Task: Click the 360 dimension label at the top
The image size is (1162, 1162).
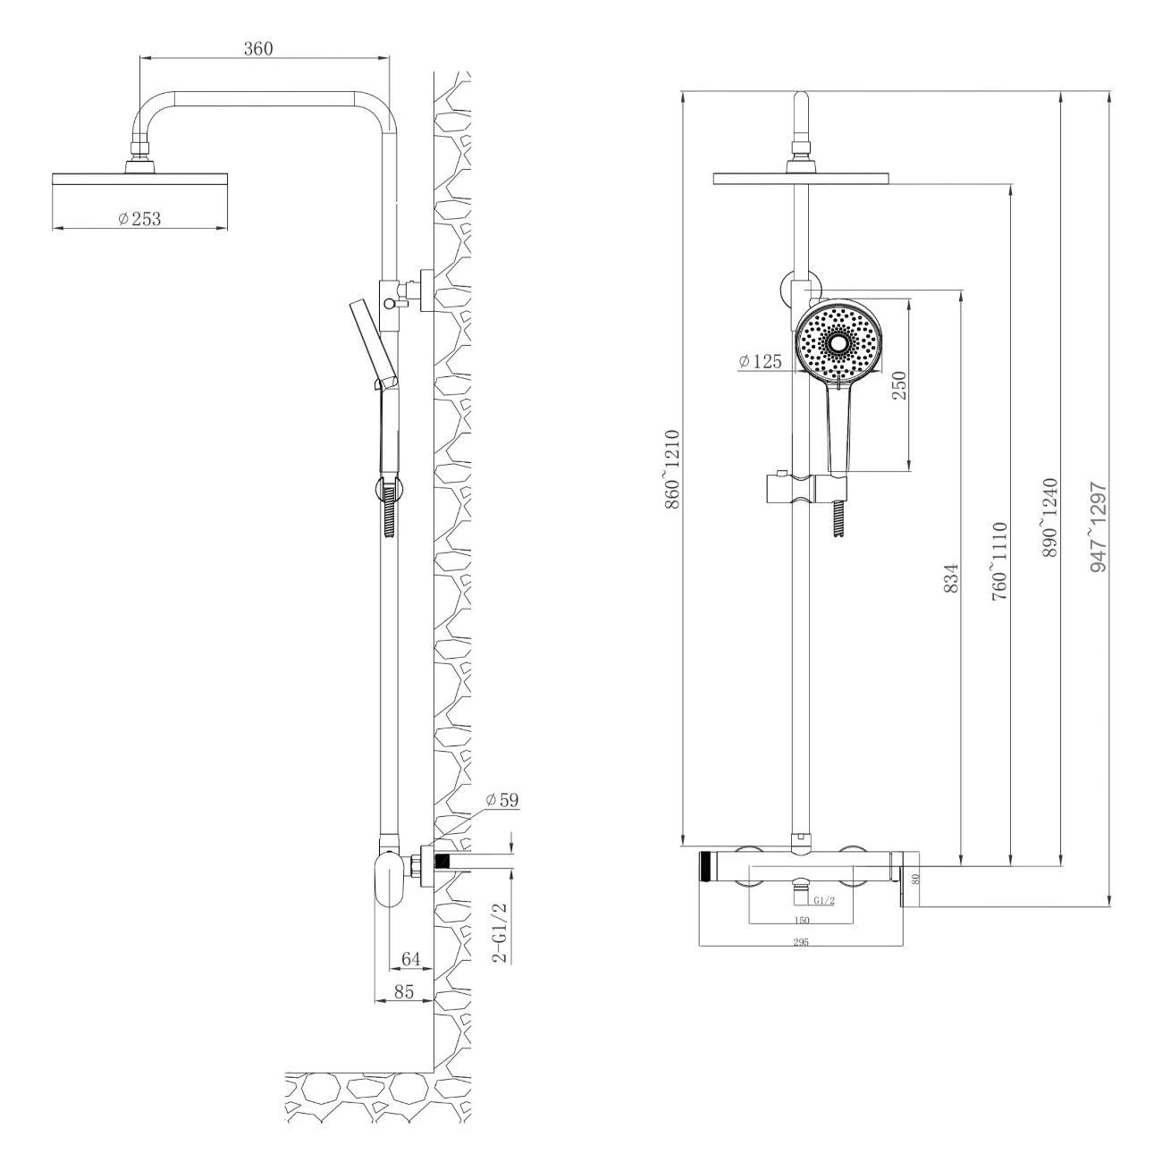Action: tap(258, 49)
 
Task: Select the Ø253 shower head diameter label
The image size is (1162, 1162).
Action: tap(140, 218)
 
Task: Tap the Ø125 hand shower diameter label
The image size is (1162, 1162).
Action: tap(760, 361)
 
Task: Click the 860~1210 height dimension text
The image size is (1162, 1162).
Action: tap(672, 470)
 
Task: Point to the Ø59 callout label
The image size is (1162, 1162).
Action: tap(502, 800)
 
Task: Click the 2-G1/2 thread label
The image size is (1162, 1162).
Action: tap(500, 931)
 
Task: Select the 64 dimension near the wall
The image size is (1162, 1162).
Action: tap(411, 959)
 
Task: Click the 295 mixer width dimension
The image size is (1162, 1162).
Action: tap(800, 942)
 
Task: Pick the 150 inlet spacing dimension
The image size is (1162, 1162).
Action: tap(802, 920)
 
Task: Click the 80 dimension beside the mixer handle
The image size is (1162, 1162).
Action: tap(914, 879)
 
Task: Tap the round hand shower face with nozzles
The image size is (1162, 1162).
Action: tap(838, 343)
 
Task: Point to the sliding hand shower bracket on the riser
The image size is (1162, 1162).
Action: tap(802, 489)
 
